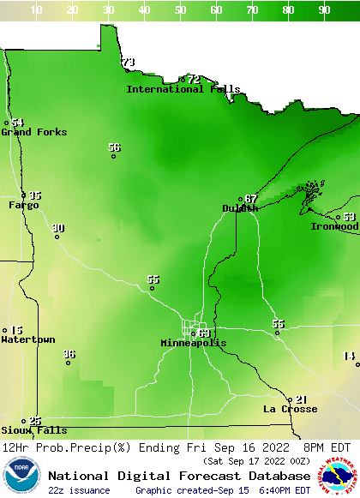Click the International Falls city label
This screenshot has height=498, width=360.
pos(183,89)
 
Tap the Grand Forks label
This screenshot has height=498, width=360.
pos(33,132)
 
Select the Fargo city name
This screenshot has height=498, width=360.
pos(24,205)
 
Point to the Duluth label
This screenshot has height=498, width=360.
pos(240,208)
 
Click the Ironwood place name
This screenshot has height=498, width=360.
pos(334,226)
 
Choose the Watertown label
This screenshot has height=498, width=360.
pos(27,340)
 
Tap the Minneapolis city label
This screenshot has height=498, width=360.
pos(194,343)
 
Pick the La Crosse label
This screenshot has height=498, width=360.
pos(290,409)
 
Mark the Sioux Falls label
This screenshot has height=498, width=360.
pos(33,430)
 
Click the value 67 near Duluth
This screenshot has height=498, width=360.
pos(251,199)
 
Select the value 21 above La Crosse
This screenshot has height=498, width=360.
pos(301,399)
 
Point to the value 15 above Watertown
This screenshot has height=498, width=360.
pos(16,330)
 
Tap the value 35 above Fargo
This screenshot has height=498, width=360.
pos(35,195)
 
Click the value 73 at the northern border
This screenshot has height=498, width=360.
pos(129,62)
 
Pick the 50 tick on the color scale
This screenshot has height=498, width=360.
pos(181,10)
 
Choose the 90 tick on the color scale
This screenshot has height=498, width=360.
pos(325,10)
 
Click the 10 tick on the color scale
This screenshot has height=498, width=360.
pos(37,10)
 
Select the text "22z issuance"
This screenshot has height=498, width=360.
pos(79,490)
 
